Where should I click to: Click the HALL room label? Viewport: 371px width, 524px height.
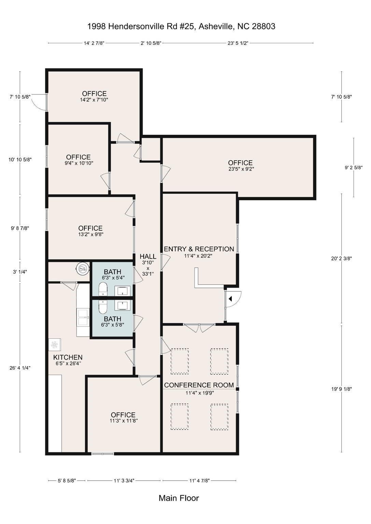(148, 257)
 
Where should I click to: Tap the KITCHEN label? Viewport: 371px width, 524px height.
(68, 358)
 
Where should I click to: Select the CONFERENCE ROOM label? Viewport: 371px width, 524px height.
(199, 385)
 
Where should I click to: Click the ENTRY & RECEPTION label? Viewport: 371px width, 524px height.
(199, 249)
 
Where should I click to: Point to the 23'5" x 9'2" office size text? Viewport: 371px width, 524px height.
(241, 169)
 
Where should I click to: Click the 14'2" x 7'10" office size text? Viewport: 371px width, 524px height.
(94, 100)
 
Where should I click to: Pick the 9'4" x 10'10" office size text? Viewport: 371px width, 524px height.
(79, 163)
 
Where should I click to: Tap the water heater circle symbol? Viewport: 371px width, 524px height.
(82, 268)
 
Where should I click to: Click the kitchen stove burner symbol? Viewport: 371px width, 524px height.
(55, 345)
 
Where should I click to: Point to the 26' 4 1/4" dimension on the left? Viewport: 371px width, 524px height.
(20, 368)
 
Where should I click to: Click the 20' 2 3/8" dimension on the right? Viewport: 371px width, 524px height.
(342, 259)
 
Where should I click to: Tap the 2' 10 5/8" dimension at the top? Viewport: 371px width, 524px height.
(151, 43)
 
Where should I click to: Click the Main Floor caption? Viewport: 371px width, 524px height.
(179, 498)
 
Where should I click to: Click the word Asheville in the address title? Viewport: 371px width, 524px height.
(216, 26)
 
